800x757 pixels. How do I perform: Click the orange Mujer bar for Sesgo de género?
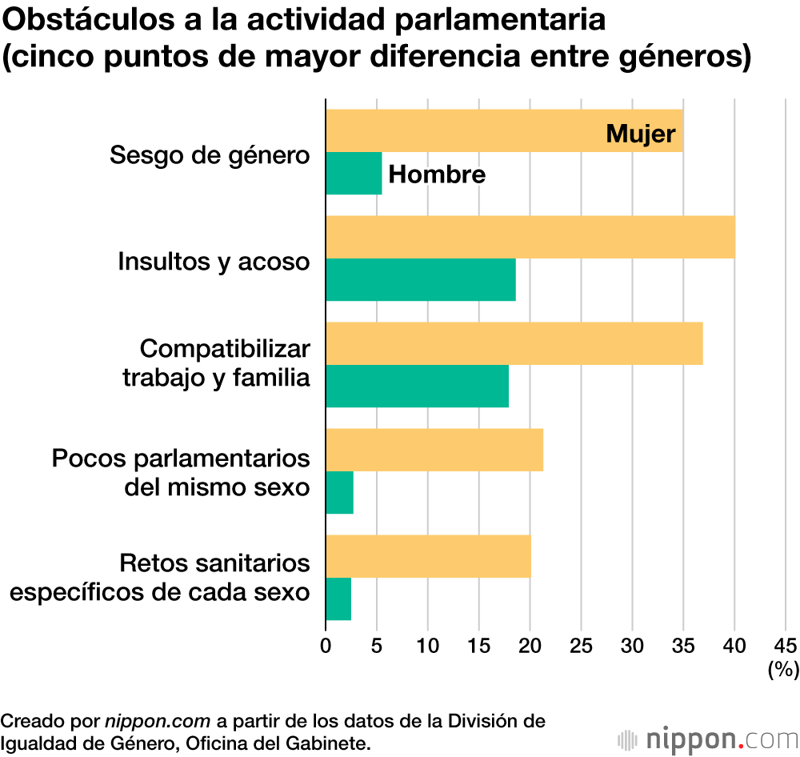[x=464, y=130]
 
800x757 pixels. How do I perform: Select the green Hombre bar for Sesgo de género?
[x=354, y=174]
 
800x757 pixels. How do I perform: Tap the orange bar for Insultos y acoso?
[x=530, y=237]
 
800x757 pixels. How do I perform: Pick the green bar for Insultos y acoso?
[x=421, y=280]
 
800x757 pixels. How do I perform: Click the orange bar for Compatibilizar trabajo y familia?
[x=514, y=343]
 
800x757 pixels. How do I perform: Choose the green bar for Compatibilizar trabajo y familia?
[x=417, y=387]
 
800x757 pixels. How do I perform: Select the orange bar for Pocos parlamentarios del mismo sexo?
[x=434, y=450]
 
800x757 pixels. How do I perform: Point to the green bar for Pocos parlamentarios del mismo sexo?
[x=339, y=493]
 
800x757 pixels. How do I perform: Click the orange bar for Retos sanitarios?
[x=428, y=556]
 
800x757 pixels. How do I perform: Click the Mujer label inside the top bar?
[x=641, y=133]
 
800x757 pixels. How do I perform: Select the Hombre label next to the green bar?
[x=437, y=174]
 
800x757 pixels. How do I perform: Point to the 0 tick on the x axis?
[x=326, y=645]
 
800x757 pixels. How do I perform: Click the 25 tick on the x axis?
[x=582, y=645]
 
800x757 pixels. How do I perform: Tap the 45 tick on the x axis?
[x=786, y=645]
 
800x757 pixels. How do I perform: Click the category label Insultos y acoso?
[x=214, y=261]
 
